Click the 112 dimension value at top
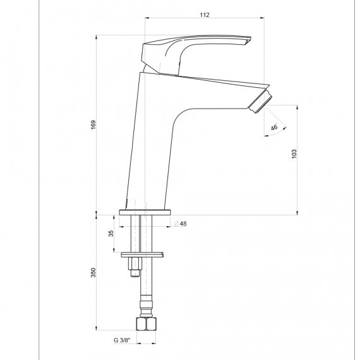[205, 15]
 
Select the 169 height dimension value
[93, 124]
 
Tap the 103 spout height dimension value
[294, 154]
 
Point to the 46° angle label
[274, 127]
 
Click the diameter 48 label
[181, 224]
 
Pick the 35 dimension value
[111, 234]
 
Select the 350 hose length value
[93, 272]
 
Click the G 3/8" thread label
[122, 340]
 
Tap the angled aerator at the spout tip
[260, 102]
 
